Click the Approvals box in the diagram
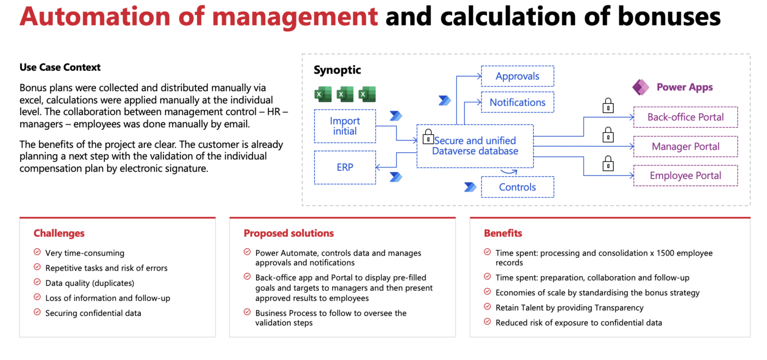click(x=517, y=76)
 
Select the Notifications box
click(x=517, y=102)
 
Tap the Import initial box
click(x=345, y=126)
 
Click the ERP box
click(x=345, y=167)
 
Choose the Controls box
click(x=517, y=187)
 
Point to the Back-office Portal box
click(x=686, y=117)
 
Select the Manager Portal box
click(x=686, y=146)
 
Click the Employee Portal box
click(x=686, y=176)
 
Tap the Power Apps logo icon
click(x=641, y=87)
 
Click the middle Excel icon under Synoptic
click(x=345, y=94)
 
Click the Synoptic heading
click(x=337, y=70)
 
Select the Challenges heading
click(x=59, y=233)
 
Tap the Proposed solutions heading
click(x=289, y=233)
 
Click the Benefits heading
click(x=503, y=233)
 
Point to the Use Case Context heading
click(x=60, y=67)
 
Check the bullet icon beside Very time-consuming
click(x=37, y=252)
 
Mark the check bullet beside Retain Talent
click(x=487, y=307)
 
